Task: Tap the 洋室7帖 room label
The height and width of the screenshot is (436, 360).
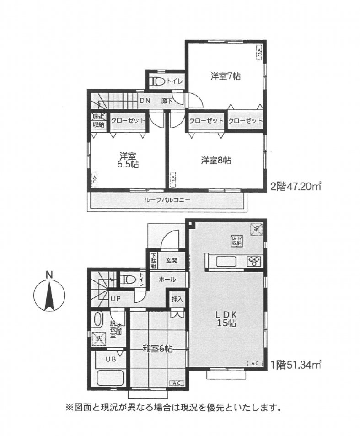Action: pyautogui.click(x=226, y=76)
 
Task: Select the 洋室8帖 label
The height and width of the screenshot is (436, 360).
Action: pyautogui.click(x=215, y=160)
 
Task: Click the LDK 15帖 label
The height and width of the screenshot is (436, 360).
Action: pyautogui.click(x=226, y=319)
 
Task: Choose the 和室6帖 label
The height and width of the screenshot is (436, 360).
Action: pyautogui.click(x=157, y=349)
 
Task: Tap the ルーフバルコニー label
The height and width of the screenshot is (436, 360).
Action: pyautogui.click(x=167, y=200)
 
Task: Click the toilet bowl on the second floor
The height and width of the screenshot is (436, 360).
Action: pyautogui.click(x=158, y=81)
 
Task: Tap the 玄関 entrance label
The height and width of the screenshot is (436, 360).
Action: pyautogui.click(x=172, y=260)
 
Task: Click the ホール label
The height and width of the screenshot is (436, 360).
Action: pyautogui.click(x=166, y=279)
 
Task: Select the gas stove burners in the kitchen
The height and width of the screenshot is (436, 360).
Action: pyautogui.click(x=253, y=261)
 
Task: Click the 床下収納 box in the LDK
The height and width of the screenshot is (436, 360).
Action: pyautogui.click(x=236, y=241)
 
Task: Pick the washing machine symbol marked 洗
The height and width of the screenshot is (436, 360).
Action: pyautogui.click(x=97, y=339)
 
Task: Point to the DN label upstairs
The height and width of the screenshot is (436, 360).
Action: pyautogui.click(x=145, y=101)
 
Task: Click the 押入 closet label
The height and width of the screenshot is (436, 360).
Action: pyautogui.click(x=177, y=300)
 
